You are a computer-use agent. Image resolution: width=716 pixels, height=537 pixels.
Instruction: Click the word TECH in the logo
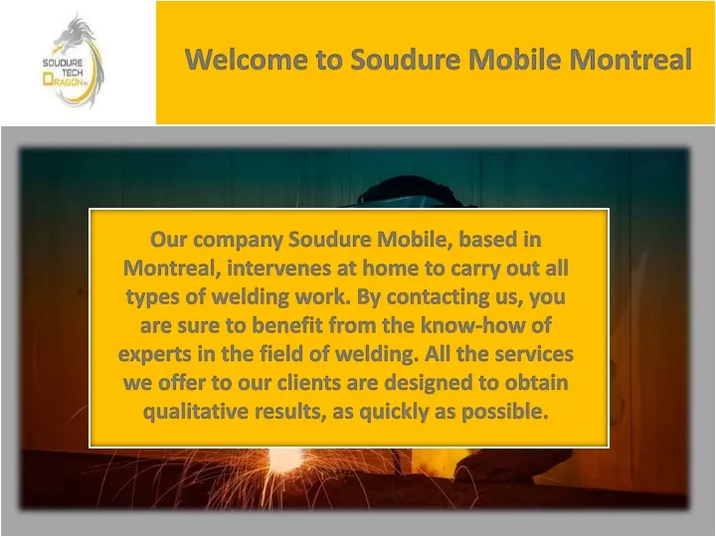[x=73, y=73]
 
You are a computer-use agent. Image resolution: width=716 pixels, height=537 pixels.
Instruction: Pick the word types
[x=152, y=297]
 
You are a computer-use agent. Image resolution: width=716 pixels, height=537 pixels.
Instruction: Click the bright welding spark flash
[x=284, y=458]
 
